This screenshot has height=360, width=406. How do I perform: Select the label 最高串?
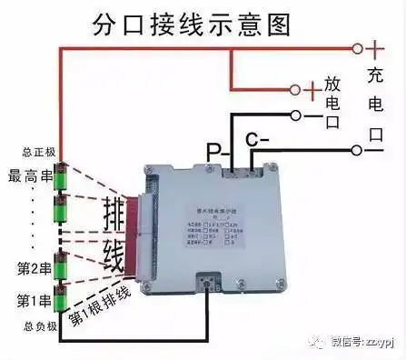click(26, 174)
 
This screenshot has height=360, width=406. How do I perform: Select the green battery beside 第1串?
click(62, 298)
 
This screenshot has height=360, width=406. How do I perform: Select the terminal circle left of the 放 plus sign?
click(293, 89)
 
